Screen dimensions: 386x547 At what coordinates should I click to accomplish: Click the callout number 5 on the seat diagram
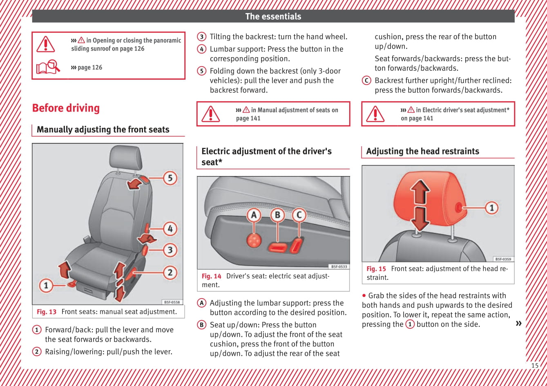click(170, 178)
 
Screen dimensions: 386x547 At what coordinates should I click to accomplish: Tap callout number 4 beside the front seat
click(170, 228)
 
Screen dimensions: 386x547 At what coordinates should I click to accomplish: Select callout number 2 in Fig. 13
click(170, 272)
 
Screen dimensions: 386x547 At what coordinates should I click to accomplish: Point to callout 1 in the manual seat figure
click(46, 285)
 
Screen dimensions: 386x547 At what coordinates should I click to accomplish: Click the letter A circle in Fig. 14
click(254, 215)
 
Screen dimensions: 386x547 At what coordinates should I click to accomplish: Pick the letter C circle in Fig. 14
click(299, 215)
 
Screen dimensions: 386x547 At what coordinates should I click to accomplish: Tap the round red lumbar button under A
click(254, 240)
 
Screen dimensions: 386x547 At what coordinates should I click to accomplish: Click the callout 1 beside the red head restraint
click(491, 208)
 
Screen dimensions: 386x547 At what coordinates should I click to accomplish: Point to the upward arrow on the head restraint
click(420, 191)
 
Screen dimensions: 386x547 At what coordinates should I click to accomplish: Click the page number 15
click(534, 366)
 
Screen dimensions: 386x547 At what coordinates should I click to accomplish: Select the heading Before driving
click(66, 108)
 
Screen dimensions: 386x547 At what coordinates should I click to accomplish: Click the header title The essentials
click(273, 16)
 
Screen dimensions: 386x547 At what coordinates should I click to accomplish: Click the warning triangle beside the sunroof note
click(45, 44)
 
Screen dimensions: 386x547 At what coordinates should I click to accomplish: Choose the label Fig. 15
click(376, 269)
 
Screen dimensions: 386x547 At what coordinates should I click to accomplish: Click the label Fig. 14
click(211, 276)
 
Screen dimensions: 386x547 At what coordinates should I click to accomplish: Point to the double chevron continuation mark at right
click(519, 324)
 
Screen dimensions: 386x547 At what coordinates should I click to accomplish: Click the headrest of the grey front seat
click(126, 157)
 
